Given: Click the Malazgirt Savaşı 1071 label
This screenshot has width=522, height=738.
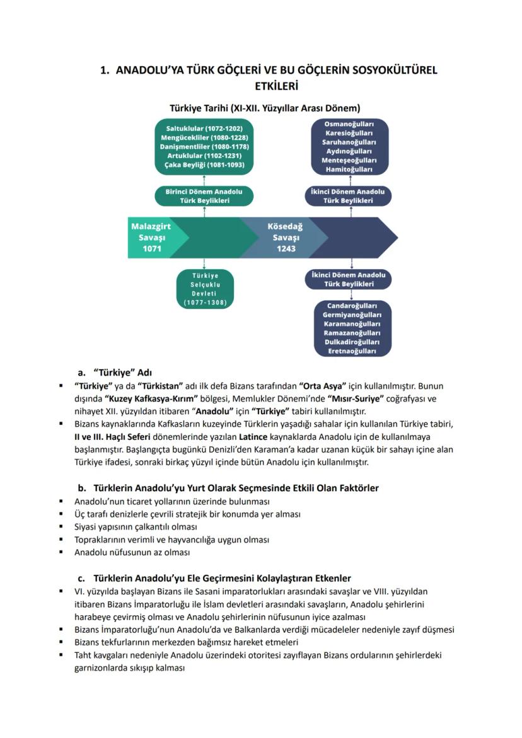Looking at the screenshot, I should point(152,237).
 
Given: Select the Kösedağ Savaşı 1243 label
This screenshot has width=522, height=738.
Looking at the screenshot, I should point(286,237).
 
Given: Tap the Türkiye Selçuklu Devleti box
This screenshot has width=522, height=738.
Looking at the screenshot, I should point(205,289).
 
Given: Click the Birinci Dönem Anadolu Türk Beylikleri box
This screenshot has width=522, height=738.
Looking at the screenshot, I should point(204,195).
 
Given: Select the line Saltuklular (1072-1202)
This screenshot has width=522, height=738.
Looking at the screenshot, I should point(204,128).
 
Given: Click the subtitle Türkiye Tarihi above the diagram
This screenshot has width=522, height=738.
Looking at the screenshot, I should point(260,108).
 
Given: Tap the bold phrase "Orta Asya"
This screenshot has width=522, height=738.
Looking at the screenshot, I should point(324,386).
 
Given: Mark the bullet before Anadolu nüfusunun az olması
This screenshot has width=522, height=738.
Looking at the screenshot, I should point(61,552).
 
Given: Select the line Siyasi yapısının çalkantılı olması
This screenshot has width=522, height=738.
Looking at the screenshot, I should point(136,527).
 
